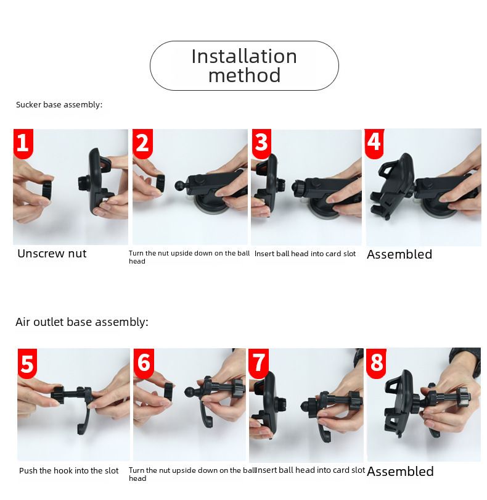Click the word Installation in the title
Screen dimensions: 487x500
[244, 56]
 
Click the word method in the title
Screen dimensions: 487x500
[244, 75]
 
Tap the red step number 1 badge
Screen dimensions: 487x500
[23, 143]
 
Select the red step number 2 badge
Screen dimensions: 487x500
[142, 143]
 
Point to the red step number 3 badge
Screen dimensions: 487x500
[261, 143]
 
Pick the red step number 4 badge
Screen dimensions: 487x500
[374, 143]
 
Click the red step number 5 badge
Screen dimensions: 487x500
[27, 364]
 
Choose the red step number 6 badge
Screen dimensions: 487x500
[144, 363]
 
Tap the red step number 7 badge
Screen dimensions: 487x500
[259, 363]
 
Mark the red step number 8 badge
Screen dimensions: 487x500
[376, 363]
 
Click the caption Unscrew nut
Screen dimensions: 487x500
[52, 254]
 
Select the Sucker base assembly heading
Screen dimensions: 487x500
[59, 104]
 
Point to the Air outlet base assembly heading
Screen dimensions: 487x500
[82, 322]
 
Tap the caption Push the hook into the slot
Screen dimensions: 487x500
[69, 470]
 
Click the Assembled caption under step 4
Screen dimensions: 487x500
[399, 254]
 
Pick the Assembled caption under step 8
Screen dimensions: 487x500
[400, 472]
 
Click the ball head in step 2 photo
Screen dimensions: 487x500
[179, 186]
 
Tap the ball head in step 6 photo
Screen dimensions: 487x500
[190, 391]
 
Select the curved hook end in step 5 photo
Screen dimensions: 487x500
[83, 422]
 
